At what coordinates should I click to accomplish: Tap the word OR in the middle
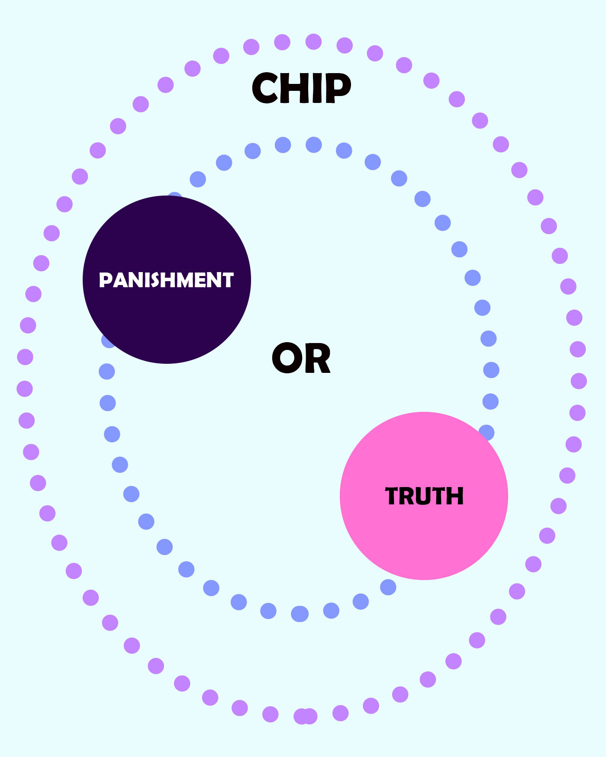coord(301,358)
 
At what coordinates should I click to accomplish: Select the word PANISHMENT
coord(166,280)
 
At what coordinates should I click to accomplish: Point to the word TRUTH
coord(424,496)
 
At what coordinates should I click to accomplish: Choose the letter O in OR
coord(287,358)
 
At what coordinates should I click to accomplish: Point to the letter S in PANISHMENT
coord(155,280)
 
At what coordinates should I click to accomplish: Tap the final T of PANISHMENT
coord(228,280)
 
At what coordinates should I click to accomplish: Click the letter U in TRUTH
coord(423,496)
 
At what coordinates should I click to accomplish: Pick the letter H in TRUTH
coord(455,496)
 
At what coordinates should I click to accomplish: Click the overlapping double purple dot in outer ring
coord(306,716)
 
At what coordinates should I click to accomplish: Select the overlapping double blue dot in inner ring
coord(300,614)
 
